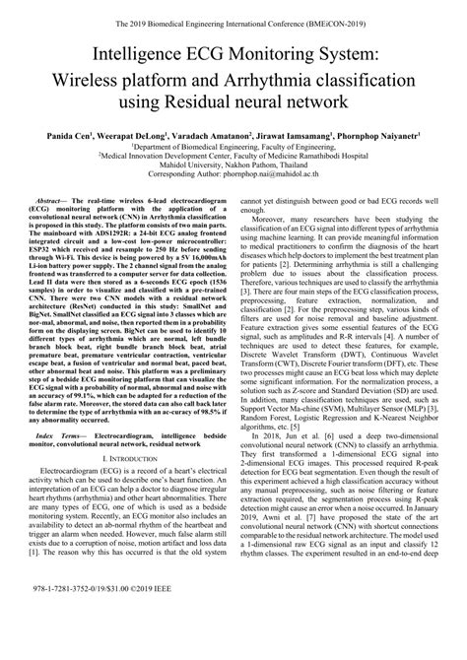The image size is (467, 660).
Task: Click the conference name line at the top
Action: pos(233,16)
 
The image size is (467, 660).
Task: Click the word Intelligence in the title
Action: pos(148,52)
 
